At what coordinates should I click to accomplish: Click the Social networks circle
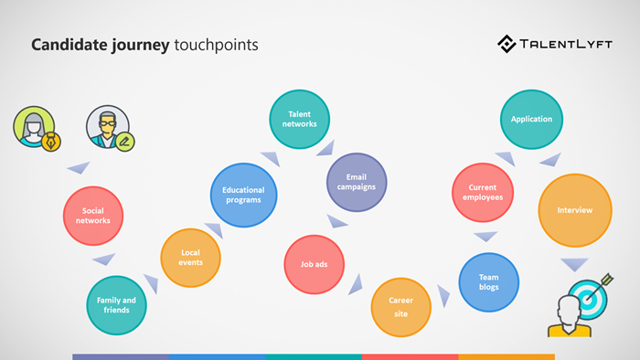92,216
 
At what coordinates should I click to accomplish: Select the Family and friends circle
116,305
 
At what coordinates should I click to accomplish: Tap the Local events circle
190,258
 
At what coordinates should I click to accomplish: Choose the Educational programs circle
242,195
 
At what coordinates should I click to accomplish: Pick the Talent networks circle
299,120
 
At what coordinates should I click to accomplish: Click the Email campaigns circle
357,181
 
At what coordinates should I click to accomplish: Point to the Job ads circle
314,265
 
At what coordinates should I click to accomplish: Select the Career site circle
400,306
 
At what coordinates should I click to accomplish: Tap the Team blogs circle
488,281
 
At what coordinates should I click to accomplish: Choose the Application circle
531,119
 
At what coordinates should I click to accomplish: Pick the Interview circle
574,211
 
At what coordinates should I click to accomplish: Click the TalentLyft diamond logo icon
507,43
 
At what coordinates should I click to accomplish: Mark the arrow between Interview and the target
574,265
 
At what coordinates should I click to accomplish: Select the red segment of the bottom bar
410,356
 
